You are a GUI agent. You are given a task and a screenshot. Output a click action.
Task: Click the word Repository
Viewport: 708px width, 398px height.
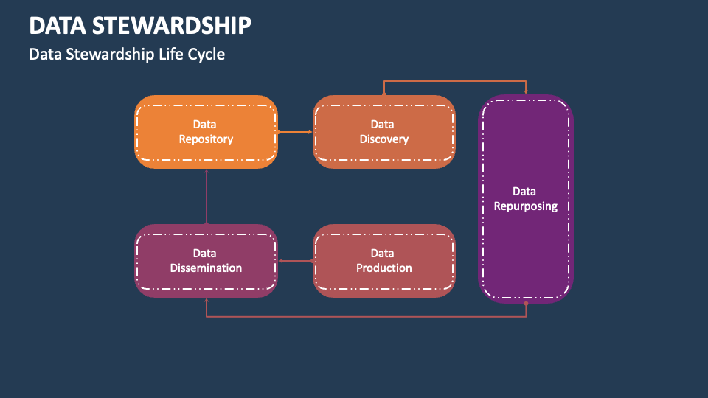pyautogui.click(x=206, y=139)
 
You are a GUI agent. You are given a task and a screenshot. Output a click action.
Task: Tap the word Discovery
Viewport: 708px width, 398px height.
pyautogui.click(x=383, y=139)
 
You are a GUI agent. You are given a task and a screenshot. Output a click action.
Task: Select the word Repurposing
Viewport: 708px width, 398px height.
pyautogui.click(x=525, y=206)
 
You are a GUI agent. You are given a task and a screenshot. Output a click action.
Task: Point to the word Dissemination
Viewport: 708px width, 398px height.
pyautogui.click(x=206, y=268)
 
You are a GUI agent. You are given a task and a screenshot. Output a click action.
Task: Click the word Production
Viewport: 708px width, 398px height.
pyautogui.click(x=383, y=268)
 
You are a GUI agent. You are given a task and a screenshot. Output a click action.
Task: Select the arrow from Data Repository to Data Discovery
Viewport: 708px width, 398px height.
pyautogui.click(x=296, y=132)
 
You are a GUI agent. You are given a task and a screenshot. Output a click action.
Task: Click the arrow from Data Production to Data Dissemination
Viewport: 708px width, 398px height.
pyautogui.click(x=296, y=261)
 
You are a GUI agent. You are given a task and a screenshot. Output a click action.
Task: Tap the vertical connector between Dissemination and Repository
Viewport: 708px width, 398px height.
pyautogui.click(x=206, y=196)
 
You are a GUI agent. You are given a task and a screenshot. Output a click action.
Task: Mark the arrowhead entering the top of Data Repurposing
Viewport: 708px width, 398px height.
pyautogui.click(x=526, y=91)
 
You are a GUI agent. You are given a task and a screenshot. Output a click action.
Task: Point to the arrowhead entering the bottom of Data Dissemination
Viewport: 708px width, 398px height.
pyautogui.click(x=206, y=301)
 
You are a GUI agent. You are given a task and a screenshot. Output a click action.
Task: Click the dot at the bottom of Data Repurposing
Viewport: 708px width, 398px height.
pyautogui.click(x=526, y=303)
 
